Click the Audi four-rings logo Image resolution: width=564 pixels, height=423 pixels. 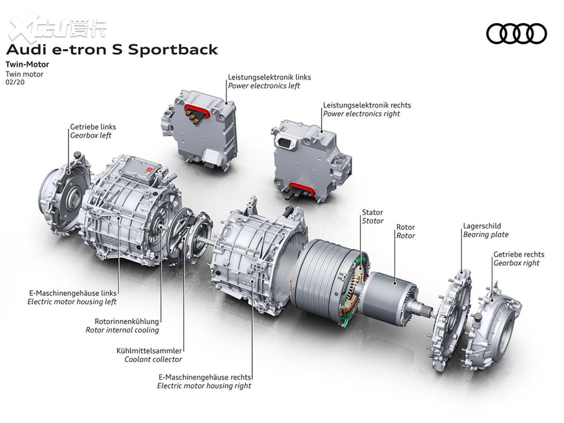pos(516,34)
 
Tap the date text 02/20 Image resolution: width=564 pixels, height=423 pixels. pos(14,82)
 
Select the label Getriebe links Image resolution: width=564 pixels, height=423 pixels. pos(93,127)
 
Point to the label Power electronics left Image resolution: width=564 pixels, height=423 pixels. pos(263,86)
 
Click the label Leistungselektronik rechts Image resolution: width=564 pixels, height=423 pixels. pos(366,106)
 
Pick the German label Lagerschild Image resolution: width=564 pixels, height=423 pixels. pos(481,226)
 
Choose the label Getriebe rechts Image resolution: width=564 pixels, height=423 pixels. pos(519,255)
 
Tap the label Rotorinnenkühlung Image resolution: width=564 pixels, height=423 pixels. pos(122,322)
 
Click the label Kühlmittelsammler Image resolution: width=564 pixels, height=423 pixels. pos(149,350)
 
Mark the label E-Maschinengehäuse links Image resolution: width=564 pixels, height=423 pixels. pos(72,293)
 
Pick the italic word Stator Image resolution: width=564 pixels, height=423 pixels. pos(373,221)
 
